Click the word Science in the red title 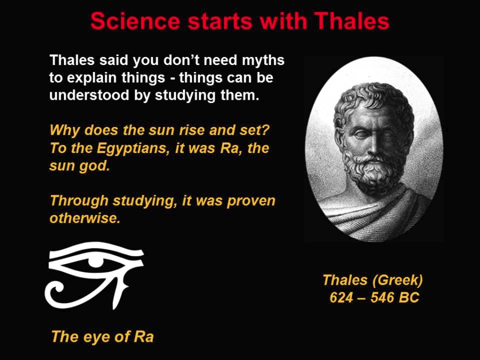coord(135,21)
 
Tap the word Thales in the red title coord(352,21)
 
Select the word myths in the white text coord(263,61)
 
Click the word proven coord(251,202)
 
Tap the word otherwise coord(84,218)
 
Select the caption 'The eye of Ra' coord(102,337)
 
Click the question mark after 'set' coord(266,130)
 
